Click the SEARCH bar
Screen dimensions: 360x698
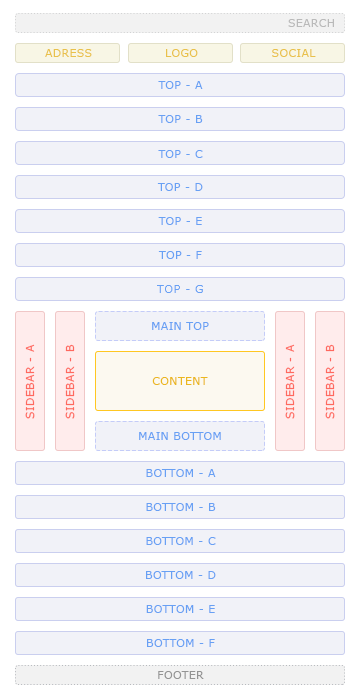point(180,23)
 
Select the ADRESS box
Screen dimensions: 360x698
point(67,53)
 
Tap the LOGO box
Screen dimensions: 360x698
point(180,53)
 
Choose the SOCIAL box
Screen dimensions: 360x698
point(292,53)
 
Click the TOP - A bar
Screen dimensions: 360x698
point(180,85)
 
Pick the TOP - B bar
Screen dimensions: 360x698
point(180,119)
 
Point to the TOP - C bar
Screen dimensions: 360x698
point(180,153)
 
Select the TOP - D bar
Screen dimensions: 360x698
point(180,187)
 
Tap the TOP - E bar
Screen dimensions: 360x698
point(180,221)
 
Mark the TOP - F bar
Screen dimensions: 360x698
point(180,255)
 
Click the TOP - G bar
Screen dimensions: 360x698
point(180,289)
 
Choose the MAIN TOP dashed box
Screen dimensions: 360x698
point(180,326)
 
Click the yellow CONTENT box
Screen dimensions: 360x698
point(180,381)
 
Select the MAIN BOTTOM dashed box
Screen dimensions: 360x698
point(180,436)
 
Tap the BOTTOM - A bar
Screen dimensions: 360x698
point(180,473)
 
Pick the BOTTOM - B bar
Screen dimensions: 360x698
point(180,507)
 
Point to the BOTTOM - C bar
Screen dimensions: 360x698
point(180,541)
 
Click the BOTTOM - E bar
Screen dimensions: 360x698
point(180,609)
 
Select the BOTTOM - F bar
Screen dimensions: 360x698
point(180,643)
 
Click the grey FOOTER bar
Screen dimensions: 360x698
point(180,675)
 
